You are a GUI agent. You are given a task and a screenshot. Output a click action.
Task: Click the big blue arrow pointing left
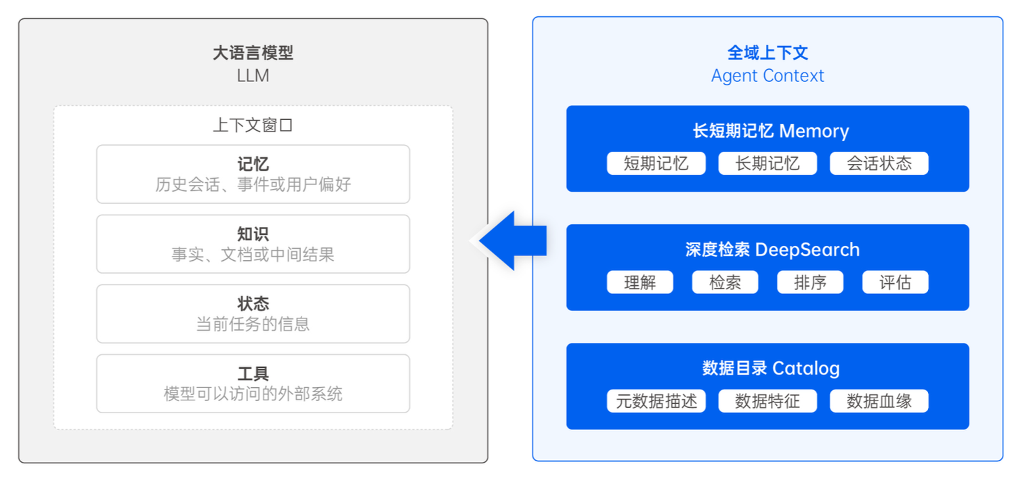tap(513, 240)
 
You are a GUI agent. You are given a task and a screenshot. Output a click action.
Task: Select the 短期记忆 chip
tap(656, 163)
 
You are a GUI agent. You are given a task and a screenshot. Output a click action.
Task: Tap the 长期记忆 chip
tap(768, 163)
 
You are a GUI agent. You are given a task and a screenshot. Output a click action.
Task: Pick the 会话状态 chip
tap(879, 163)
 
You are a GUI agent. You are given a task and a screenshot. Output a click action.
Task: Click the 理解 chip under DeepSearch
tap(640, 282)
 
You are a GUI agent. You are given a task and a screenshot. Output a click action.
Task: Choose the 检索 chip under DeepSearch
tap(725, 282)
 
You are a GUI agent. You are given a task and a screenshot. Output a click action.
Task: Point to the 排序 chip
tap(810, 282)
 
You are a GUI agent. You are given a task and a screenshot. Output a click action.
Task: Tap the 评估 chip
tap(896, 282)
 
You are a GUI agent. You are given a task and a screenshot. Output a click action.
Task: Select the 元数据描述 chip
tap(656, 401)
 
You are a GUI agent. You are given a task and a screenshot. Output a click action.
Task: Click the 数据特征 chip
tap(768, 401)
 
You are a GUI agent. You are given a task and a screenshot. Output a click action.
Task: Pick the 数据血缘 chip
tap(879, 401)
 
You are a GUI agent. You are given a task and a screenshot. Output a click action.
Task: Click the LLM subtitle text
tap(253, 76)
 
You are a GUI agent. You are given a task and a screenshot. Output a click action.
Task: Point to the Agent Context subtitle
tap(768, 76)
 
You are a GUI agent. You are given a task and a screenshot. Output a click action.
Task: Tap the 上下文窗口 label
tap(253, 125)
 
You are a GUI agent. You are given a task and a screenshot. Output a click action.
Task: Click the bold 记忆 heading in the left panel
tap(253, 164)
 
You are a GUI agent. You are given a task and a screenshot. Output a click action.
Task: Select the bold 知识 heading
tap(253, 234)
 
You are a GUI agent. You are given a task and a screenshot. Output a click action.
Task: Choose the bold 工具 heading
tap(253, 373)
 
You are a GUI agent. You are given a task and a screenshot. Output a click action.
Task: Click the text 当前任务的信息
tap(253, 325)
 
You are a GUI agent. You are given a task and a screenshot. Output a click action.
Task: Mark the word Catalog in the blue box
tap(805, 369)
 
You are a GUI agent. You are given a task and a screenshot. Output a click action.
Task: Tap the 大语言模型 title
tap(253, 53)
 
